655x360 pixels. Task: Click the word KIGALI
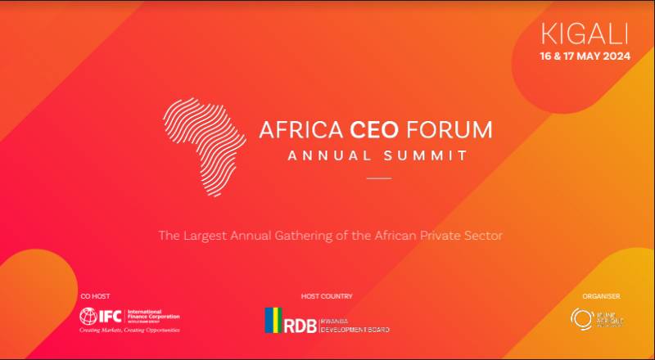pos(584,35)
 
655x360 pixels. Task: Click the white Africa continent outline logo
pos(205,147)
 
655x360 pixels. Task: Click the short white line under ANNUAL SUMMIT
pos(378,178)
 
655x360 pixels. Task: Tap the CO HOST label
pos(94,296)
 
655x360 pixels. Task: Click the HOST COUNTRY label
pos(327,296)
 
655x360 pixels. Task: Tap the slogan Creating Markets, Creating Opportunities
pos(129,330)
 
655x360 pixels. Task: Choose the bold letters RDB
pos(300,322)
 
